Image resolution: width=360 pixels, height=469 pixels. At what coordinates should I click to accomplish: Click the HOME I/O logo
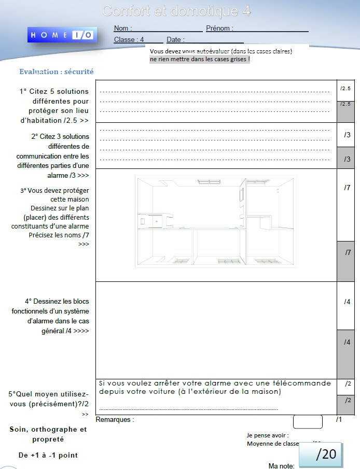coord(61,35)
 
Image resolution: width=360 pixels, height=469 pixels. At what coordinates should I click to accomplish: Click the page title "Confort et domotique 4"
coord(177,11)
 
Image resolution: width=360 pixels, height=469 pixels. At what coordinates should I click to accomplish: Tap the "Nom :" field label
coord(122,29)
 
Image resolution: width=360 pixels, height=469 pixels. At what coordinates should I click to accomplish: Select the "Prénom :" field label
coord(219,29)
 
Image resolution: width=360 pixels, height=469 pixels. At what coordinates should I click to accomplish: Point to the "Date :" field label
coord(175,39)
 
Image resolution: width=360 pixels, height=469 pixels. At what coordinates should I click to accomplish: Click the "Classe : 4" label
coord(129,39)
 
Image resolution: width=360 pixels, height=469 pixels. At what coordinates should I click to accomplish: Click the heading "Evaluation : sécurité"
coord(57,72)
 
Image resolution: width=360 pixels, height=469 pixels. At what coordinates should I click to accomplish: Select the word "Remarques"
coord(113,419)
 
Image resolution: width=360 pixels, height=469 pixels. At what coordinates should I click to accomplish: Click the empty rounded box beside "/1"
coord(308,421)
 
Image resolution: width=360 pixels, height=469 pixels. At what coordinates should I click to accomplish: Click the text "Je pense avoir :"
coord(268,435)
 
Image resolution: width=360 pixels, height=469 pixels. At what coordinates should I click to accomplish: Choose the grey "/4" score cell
coord(346,353)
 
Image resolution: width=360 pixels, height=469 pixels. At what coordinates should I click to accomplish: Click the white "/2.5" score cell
coord(345,89)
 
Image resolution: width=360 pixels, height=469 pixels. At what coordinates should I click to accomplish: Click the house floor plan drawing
coord(215,221)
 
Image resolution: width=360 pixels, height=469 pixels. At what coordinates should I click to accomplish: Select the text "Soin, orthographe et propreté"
coord(48,434)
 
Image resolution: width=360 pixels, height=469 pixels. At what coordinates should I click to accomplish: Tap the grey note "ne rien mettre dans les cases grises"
coord(200,60)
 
